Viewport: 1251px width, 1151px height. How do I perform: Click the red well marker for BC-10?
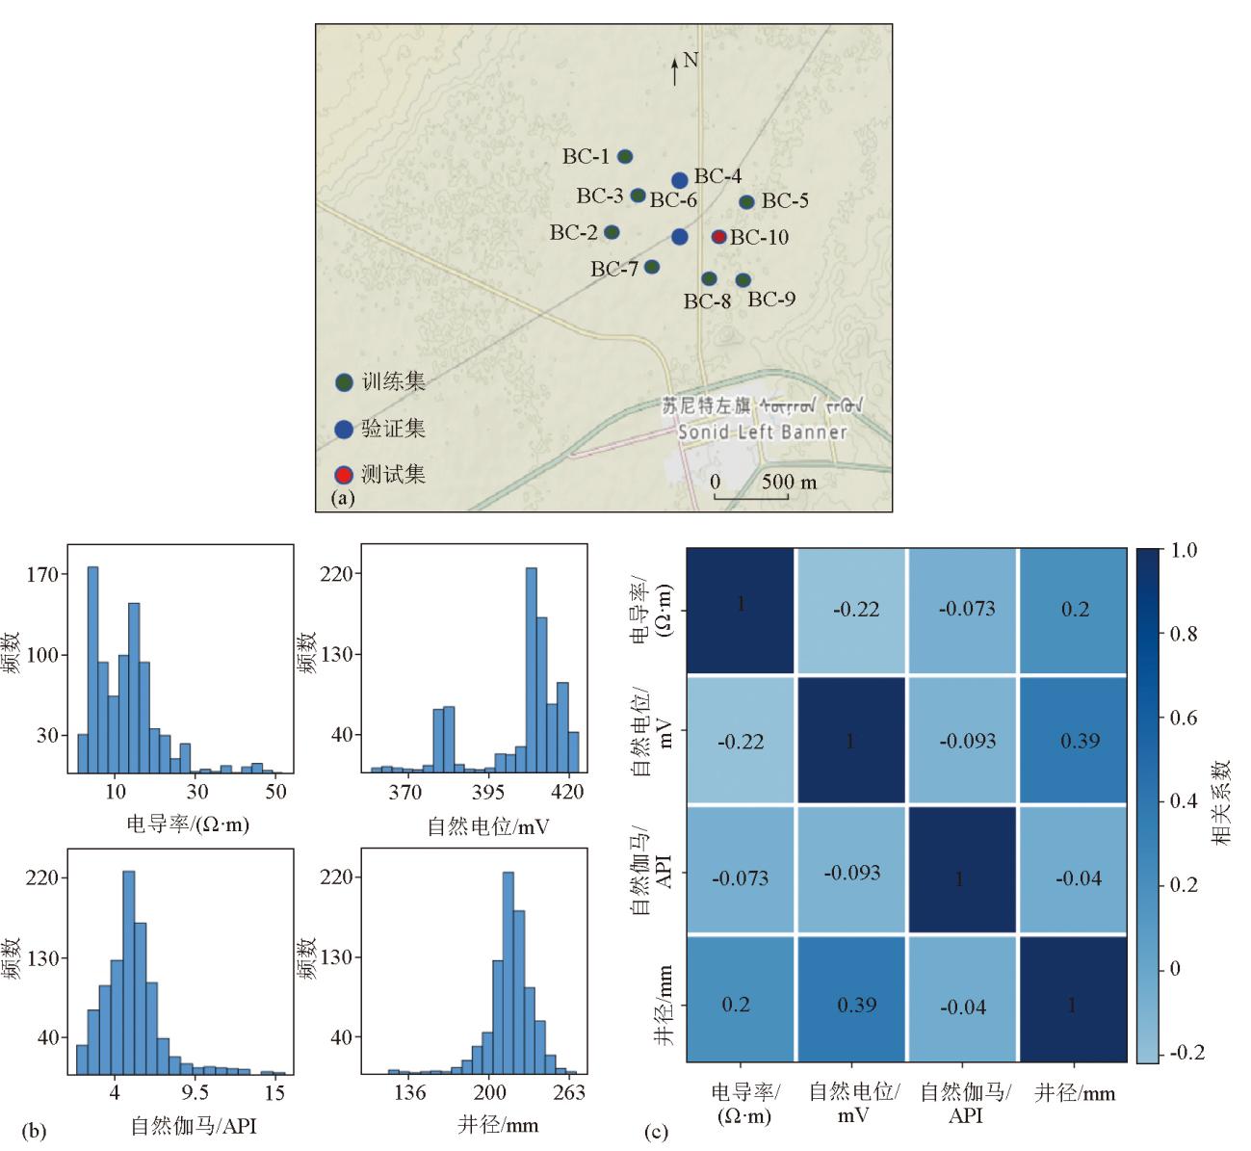point(718,237)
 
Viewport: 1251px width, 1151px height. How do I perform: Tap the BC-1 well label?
point(586,156)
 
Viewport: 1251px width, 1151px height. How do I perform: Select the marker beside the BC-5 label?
point(746,202)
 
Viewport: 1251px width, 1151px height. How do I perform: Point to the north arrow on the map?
point(674,70)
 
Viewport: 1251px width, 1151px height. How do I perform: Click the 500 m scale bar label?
point(789,482)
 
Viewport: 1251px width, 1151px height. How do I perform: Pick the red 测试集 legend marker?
point(343,475)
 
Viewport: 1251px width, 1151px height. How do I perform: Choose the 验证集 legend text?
point(393,429)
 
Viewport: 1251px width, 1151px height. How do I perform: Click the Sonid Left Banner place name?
point(762,432)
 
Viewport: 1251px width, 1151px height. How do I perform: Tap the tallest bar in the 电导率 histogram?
point(92,668)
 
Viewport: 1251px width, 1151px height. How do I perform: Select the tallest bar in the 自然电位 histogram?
point(531,669)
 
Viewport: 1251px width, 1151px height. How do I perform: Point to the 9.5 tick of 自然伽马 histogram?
point(195,1093)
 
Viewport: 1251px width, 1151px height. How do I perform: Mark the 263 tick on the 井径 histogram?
point(569,1093)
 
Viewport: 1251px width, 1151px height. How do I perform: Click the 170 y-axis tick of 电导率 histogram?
point(47,575)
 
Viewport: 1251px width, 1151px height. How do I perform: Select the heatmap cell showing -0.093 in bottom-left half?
point(851,873)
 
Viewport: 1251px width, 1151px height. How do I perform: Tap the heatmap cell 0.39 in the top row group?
point(1075,741)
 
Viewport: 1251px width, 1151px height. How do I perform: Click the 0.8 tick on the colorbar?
point(1182,634)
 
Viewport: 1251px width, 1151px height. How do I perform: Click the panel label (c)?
point(656,1133)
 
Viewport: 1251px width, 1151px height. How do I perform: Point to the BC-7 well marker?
point(652,267)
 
